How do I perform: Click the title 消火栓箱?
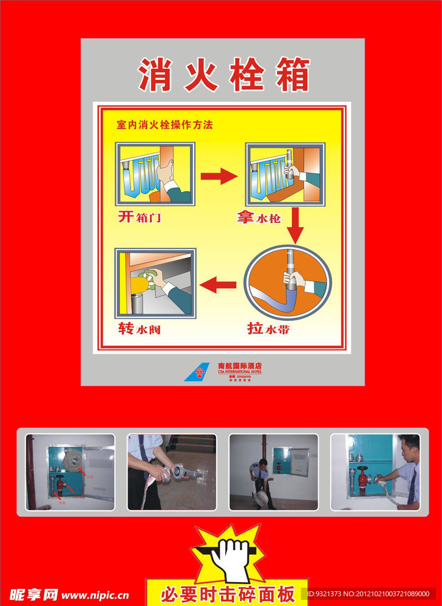(x=223, y=74)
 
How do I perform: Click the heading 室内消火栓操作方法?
(x=165, y=125)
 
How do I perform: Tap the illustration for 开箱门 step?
(x=156, y=174)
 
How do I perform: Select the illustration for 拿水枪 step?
(x=285, y=174)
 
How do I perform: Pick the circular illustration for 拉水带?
(x=288, y=282)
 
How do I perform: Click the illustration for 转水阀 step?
(x=156, y=283)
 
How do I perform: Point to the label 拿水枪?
(x=259, y=217)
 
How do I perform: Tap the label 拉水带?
(x=268, y=329)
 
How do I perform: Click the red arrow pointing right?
(x=219, y=176)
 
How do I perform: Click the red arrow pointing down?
(x=295, y=226)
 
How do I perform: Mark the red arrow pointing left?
(x=219, y=284)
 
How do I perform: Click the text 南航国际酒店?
(x=239, y=366)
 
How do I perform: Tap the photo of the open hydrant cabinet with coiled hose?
(x=70, y=472)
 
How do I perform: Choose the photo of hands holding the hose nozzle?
(x=172, y=472)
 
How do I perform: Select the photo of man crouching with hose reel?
(x=274, y=472)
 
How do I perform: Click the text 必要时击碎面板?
(x=227, y=593)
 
